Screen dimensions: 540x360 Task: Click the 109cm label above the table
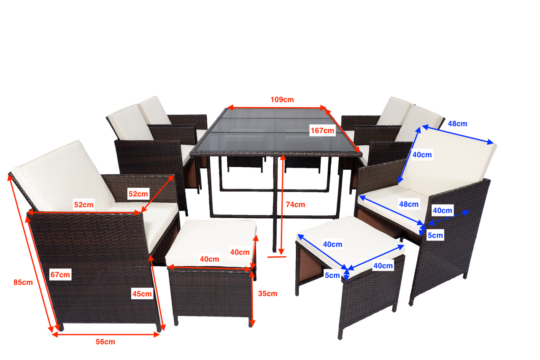[282, 100]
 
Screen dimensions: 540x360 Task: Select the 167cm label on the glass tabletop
[322, 131]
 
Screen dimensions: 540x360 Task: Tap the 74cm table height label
[295, 205]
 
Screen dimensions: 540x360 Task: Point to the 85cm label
[23, 282]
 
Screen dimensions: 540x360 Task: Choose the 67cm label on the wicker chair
[60, 275]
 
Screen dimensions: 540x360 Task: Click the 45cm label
[142, 294]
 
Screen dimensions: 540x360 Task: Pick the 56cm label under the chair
[105, 342]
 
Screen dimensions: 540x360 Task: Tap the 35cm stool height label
[267, 294]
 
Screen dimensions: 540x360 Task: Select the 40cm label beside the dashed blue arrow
[443, 211]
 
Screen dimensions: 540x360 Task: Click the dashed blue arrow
[449, 217]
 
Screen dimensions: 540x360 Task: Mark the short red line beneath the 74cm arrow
[276, 257]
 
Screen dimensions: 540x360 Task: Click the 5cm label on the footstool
[332, 275]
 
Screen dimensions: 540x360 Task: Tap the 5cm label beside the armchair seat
[435, 235]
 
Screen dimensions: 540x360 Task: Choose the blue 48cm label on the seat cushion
[409, 204]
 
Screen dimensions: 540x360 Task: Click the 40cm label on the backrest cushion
[422, 155]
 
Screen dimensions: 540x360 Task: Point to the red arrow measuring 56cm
[105, 335]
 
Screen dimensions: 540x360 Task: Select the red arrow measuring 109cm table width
[277, 108]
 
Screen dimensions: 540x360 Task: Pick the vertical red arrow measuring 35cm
[252, 299]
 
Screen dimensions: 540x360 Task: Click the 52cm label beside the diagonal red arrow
[138, 194]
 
